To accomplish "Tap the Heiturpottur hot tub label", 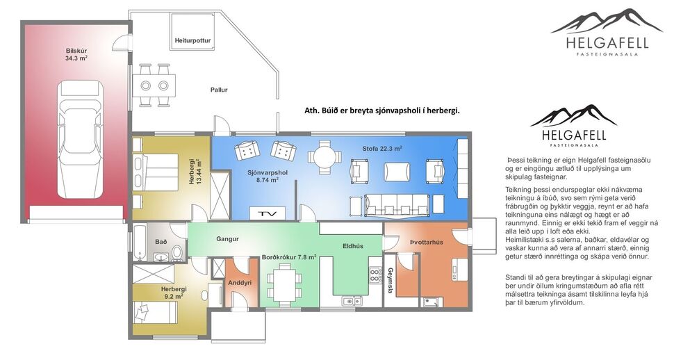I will [192, 41].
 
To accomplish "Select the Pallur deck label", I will [219, 90].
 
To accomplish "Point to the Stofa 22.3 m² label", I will [382, 149].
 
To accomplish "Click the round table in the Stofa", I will [324, 157].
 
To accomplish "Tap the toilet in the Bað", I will [176, 250].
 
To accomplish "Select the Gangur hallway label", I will [227, 239].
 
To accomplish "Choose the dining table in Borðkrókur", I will [285, 284].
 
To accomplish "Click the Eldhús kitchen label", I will [354, 245].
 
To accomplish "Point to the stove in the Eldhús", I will [375, 274].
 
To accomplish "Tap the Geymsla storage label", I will [391, 280].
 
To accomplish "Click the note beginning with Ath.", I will [382, 111].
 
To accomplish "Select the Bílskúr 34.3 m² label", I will [76, 55].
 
